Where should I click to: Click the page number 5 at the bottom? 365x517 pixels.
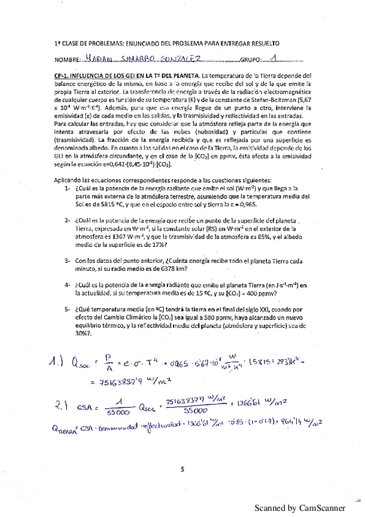click(182, 468)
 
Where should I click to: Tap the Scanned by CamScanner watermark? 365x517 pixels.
click(300, 507)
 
